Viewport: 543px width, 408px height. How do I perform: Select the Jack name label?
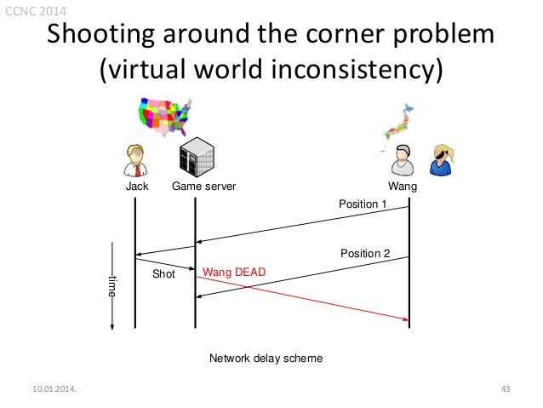[137, 185]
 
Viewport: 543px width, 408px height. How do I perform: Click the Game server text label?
[204, 185]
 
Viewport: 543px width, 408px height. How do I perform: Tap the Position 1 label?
[363, 204]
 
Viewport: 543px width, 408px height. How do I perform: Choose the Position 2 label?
[365, 253]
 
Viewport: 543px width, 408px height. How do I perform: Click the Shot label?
[163, 274]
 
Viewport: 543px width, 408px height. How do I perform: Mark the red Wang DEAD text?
[234, 272]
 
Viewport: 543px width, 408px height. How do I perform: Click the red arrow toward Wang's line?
[302, 296]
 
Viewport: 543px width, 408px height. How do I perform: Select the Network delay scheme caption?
[266, 359]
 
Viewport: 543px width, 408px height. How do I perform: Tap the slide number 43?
[505, 390]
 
